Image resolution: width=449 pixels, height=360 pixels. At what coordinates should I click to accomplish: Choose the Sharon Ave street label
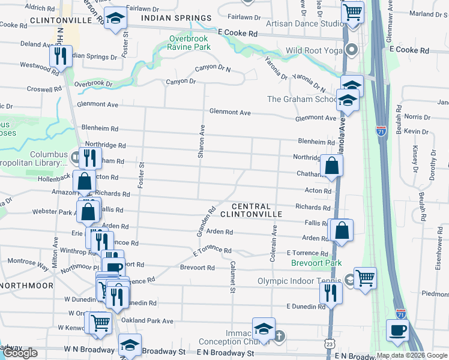tap(202, 142)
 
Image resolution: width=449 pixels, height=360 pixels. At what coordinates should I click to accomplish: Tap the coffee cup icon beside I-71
tap(397, 329)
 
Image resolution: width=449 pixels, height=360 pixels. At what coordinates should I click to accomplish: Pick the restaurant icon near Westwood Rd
tap(60, 56)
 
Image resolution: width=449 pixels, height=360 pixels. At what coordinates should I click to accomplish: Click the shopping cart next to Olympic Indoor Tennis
tap(365, 277)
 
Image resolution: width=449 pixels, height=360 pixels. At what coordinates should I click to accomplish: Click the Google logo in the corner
tap(20, 353)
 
